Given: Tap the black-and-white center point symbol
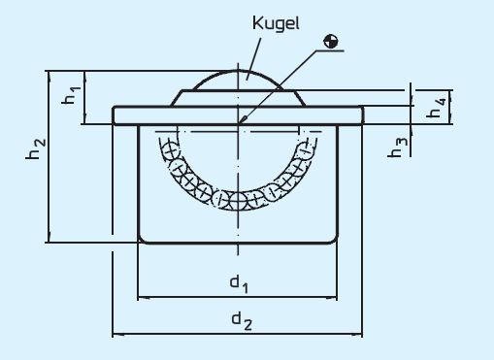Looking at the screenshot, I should pos(332,41).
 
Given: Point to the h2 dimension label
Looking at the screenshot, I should pos(35,151).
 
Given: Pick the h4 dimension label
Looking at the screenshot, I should pos(438,107).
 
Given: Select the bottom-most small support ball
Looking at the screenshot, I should pos(239,201).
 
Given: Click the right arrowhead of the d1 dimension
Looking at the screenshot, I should pos(333,295).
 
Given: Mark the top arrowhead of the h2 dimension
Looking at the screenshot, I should pos(47,75).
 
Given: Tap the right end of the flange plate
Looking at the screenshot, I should pos(361,115).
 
